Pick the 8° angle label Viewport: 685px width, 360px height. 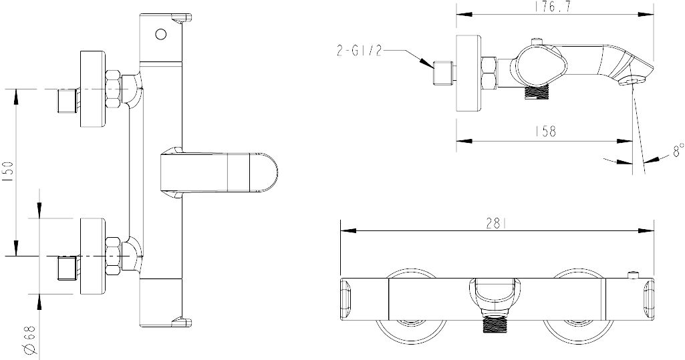pyautogui.click(x=677, y=150)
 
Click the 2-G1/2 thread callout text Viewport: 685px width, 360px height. pyautogui.click(x=360, y=51)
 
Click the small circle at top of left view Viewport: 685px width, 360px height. pyautogui.click(x=161, y=34)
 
